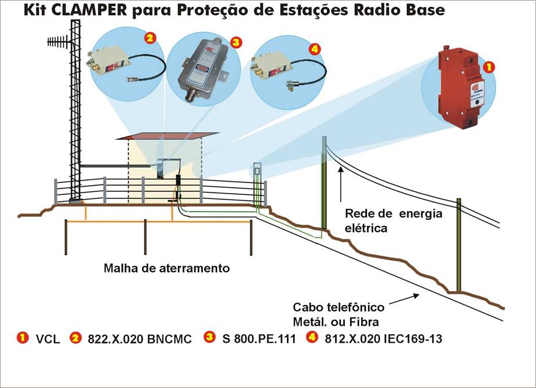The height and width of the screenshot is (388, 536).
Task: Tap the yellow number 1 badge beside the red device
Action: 490,67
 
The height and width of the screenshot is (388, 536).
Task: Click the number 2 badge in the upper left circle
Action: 150,38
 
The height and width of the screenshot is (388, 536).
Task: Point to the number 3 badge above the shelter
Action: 235,42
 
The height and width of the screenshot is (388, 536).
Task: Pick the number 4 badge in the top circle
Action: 315,50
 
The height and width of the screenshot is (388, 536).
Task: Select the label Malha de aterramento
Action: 166,269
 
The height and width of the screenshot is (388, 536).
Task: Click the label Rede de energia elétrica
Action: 393,220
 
